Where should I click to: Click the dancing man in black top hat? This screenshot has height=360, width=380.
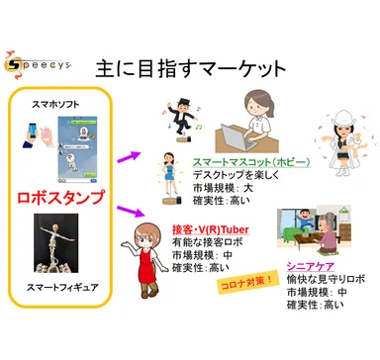pyautogui.click(x=180, y=116)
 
